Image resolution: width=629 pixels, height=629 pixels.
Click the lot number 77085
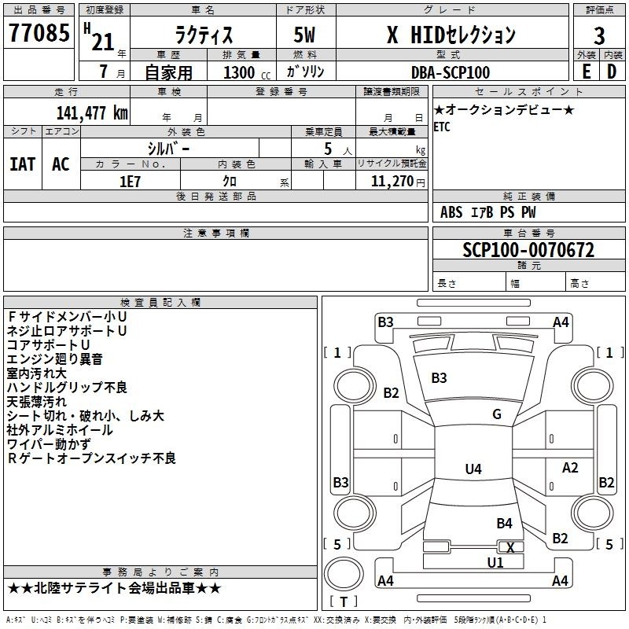[x=39, y=32]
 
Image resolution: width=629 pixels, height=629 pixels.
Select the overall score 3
[x=599, y=35]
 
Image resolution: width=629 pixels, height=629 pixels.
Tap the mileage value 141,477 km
[x=92, y=112]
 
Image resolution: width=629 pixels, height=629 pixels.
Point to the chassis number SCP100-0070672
[x=528, y=250]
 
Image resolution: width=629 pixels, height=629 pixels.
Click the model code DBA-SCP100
[x=451, y=72]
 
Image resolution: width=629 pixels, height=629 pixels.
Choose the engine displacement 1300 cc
[x=247, y=72]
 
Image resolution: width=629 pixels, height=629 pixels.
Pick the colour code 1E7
[x=130, y=182]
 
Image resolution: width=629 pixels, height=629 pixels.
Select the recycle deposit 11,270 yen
[x=398, y=182]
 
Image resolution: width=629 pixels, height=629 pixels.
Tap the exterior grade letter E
[x=587, y=72]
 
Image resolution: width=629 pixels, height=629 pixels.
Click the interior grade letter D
[x=612, y=72]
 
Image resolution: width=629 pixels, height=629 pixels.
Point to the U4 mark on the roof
[x=473, y=469]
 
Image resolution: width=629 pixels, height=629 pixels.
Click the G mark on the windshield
[x=497, y=414]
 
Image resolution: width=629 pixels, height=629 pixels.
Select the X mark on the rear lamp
[x=510, y=547]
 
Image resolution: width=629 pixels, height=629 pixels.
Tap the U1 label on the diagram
[x=495, y=563]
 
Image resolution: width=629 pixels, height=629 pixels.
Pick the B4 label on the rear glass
[x=504, y=523]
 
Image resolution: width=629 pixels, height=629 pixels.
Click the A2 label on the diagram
[x=570, y=468]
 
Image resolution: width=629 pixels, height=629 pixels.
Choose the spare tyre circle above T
[x=344, y=574]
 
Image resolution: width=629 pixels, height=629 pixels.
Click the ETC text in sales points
[x=442, y=127]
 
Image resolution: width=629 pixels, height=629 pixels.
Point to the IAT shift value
[x=23, y=164]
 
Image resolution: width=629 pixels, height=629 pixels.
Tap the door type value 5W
[x=304, y=35]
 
